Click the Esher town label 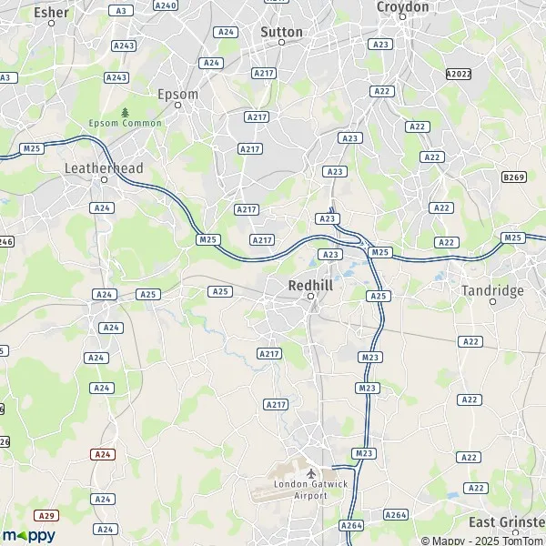[51, 13]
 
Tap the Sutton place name [281, 30]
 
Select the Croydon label [402, 7]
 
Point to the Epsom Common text [125, 123]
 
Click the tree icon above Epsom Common [125, 111]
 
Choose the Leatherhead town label [104, 168]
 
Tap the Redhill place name [309, 284]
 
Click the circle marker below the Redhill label [309, 297]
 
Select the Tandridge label [492, 290]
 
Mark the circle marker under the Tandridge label [492, 302]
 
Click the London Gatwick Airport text [312, 489]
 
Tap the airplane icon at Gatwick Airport [312, 474]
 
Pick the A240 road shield [166, 5]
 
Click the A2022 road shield [459, 74]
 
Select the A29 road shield [48, 515]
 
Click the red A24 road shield [103, 453]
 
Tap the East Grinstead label [507, 522]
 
